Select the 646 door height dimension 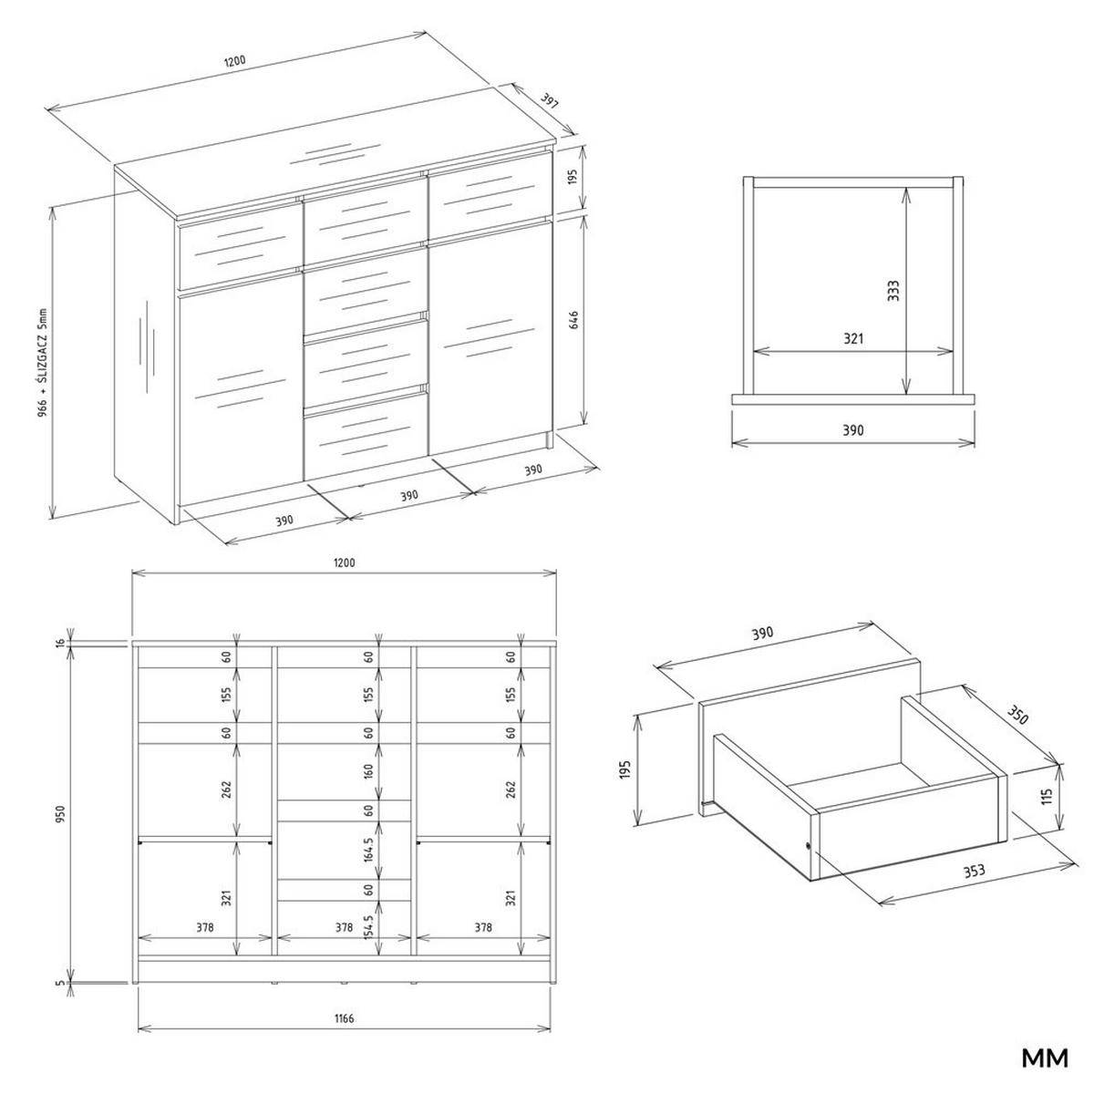click(573, 321)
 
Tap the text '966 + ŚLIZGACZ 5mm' click(42, 363)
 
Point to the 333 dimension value click(894, 291)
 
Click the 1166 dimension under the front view click(344, 1018)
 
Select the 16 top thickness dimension click(61, 644)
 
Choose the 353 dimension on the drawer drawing click(974, 871)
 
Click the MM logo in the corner click(1044, 1058)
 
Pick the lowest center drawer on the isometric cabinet click(366, 439)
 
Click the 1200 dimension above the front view click(344, 562)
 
